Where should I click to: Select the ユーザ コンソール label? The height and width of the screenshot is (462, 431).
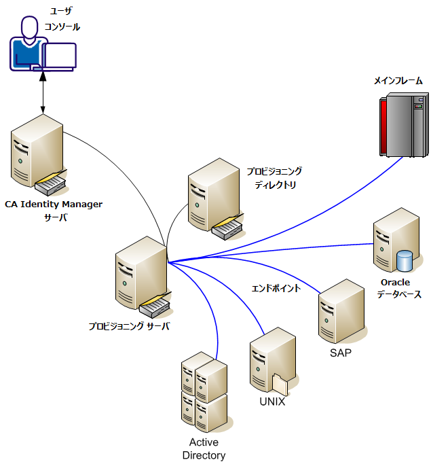(66, 19)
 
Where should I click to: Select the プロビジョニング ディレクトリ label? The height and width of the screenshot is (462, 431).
(274, 177)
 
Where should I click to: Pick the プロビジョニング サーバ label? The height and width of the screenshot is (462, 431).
(128, 326)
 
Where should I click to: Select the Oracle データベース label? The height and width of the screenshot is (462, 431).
(399, 288)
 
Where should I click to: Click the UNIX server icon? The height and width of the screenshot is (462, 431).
(272, 359)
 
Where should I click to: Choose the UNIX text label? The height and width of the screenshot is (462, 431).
(272, 402)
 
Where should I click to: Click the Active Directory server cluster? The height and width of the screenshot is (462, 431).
(204, 391)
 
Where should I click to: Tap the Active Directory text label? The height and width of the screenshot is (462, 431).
(204, 448)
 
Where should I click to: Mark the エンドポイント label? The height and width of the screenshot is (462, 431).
(276, 288)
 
